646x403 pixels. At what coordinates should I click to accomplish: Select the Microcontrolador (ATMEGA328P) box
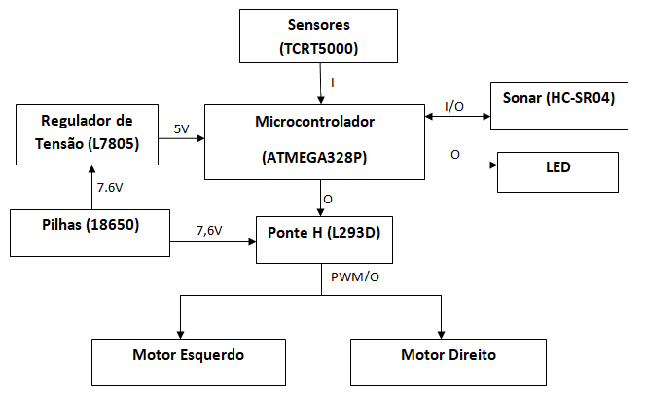314,139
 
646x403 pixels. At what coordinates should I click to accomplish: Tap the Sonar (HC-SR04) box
558,104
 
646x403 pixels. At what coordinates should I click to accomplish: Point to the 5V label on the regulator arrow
182,128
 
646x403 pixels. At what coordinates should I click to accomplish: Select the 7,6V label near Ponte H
209,231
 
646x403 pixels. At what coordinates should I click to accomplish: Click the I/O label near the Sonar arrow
454,105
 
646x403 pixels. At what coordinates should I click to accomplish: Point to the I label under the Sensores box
333,84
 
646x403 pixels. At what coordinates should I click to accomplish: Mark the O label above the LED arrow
454,155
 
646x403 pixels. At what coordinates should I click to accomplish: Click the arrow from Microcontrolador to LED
462,165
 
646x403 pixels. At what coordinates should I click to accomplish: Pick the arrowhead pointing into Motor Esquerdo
180,332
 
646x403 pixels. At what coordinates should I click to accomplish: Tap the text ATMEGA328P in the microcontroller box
314,157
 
